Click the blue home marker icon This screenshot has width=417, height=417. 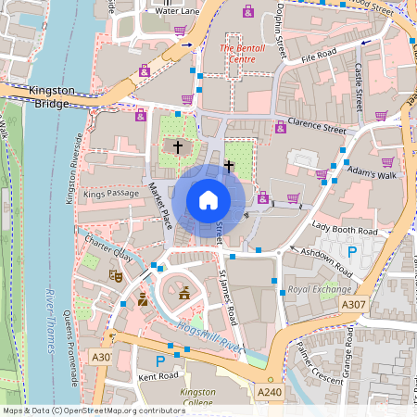(208, 200)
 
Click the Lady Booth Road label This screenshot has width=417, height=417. (344, 228)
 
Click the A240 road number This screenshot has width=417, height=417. (270, 392)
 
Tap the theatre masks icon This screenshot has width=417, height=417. (117, 275)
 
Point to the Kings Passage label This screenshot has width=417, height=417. (108, 196)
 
